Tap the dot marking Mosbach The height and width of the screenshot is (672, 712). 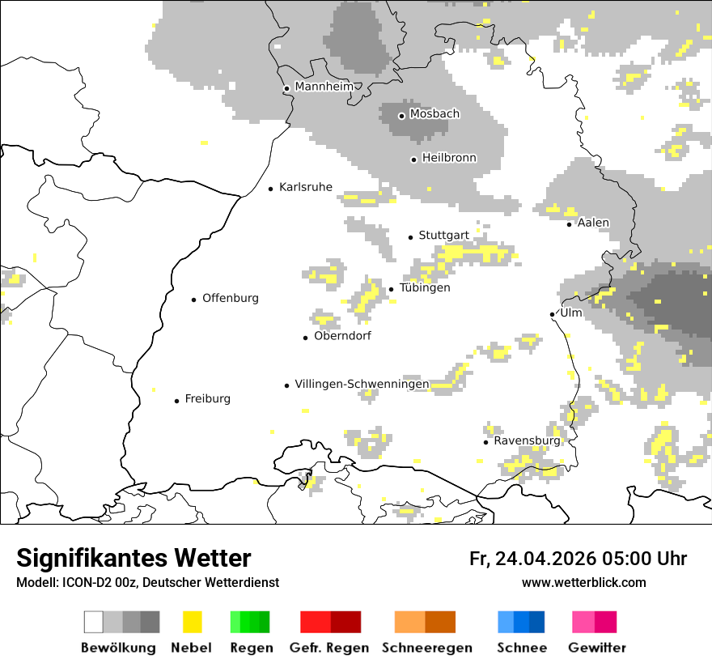(401, 116)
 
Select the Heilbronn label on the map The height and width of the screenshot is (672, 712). (449, 158)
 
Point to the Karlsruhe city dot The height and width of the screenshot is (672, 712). (271, 189)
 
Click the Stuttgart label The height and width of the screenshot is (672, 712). (443, 236)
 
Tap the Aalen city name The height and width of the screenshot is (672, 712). (593, 223)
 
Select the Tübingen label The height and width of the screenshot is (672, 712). (425, 288)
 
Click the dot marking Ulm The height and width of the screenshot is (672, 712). (553, 314)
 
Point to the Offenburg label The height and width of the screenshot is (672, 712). (231, 298)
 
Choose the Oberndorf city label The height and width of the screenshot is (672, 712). (342, 336)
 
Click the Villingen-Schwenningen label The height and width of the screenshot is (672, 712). (362, 384)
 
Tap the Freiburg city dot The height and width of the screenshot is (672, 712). (176, 401)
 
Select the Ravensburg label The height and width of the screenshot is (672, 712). (527, 441)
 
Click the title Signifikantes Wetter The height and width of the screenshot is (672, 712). (133, 559)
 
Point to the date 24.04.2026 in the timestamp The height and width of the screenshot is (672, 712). (545, 559)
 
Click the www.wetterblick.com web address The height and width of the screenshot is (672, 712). (583, 583)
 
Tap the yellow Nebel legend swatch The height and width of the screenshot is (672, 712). (193, 622)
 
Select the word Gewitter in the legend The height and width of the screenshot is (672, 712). (597, 648)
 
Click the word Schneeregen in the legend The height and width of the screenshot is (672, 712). (426, 648)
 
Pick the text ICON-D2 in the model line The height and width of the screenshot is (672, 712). (84, 583)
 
